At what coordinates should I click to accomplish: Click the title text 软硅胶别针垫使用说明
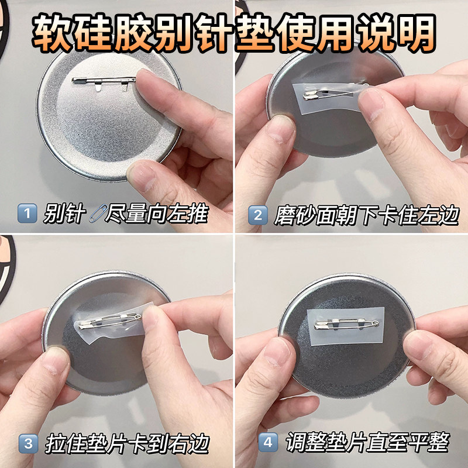234,29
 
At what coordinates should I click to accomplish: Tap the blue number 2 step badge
257,214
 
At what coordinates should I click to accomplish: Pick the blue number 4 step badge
268,443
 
